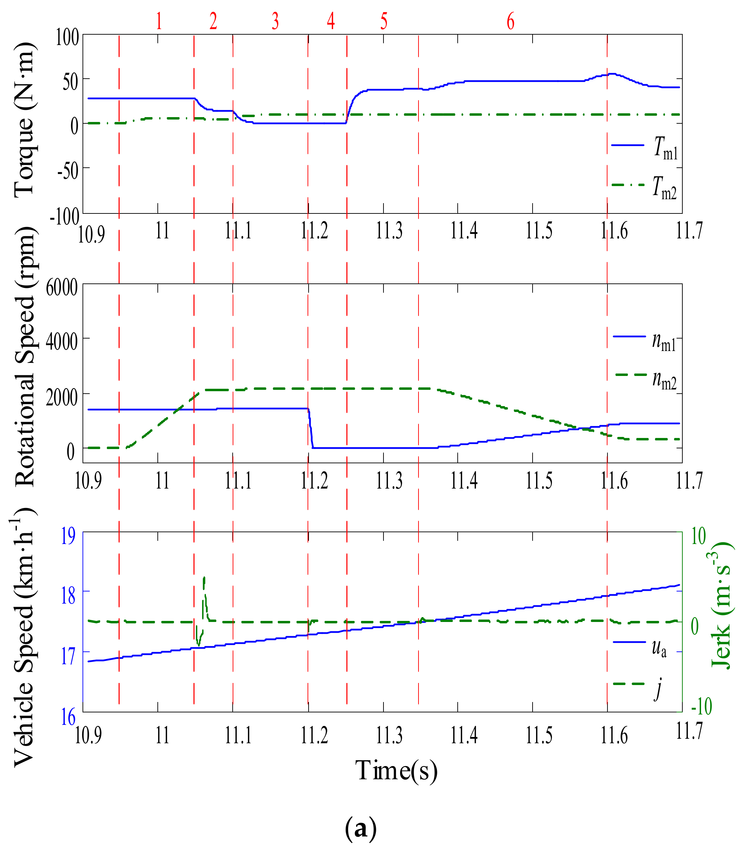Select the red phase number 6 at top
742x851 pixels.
[x=510, y=21]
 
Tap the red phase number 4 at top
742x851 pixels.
[x=330, y=21]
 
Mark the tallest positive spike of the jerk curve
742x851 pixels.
[x=204, y=578]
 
